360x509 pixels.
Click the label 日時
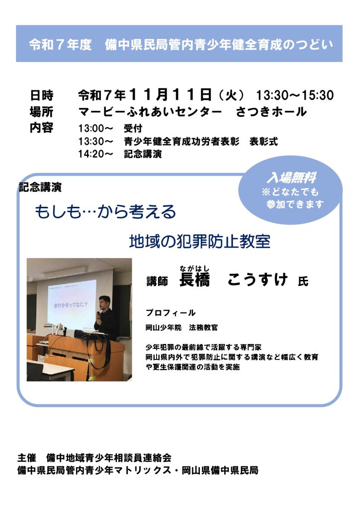[x=42, y=95]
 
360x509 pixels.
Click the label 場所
[x=42, y=111]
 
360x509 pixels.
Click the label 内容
[x=42, y=127]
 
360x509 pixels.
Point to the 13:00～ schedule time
[x=95, y=128]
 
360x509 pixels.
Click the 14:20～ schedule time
[x=95, y=154]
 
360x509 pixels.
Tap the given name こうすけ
[x=258, y=280]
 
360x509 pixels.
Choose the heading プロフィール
[x=171, y=313]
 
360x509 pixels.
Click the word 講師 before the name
[x=157, y=282]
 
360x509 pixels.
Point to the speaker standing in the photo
[x=105, y=318]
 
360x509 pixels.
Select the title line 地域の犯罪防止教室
[x=199, y=242]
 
